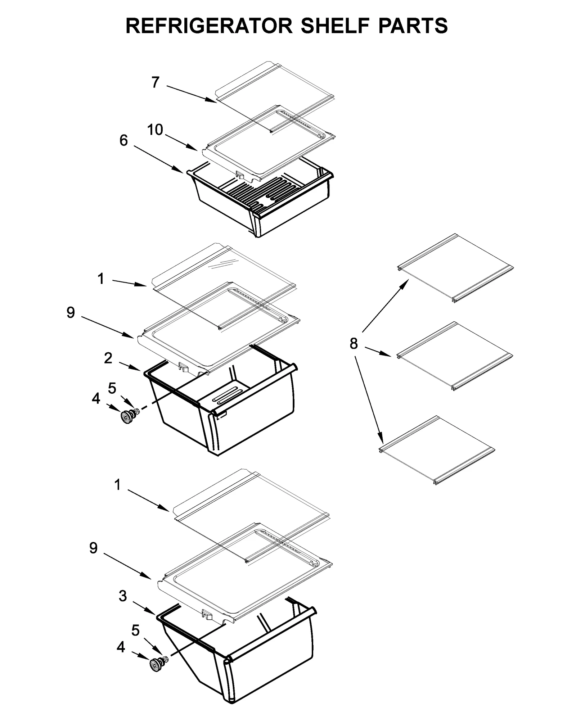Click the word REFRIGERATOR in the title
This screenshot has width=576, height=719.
[x=209, y=26]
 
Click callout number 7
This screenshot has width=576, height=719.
[x=155, y=82]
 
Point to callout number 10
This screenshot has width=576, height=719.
[x=155, y=130]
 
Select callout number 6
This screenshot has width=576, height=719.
[x=123, y=140]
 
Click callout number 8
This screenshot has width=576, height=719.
[x=354, y=344]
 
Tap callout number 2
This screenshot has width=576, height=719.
[x=108, y=358]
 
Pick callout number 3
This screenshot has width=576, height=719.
[x=123, y=596]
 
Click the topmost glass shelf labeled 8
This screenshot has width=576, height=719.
[x=455, y=268]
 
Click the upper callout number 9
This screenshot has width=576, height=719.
[x=71, y=313]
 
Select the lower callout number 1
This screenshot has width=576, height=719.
[x=117, y=485]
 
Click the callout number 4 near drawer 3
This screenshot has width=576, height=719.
[x=121, y=647]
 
